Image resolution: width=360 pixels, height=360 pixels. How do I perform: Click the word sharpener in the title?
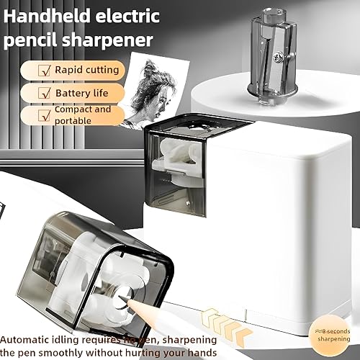[x=115, y=37]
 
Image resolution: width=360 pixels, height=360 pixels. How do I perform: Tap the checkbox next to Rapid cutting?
[x=42, y=70]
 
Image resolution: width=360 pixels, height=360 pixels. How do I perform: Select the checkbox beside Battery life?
[x=42, y=93]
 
